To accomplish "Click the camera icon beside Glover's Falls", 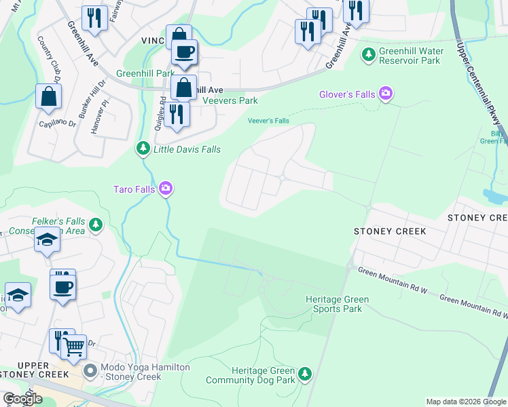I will tap(386, 94).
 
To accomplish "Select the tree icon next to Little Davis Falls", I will tap(143, 148).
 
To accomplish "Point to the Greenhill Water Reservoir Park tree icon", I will tap(369, 54).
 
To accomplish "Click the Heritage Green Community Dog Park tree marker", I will tap(305, 374).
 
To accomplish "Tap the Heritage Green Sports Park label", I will tap(338, 304).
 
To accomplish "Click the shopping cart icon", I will tap(74, 347).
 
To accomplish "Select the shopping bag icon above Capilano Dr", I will tap(49, 98).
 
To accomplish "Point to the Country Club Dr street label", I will tap(50, 59).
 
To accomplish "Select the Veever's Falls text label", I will tap(268, 121).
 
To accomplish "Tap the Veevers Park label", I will tap(230, 100).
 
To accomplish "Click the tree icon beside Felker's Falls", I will tap(96, 223).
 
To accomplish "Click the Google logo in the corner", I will tap(22, 399).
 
